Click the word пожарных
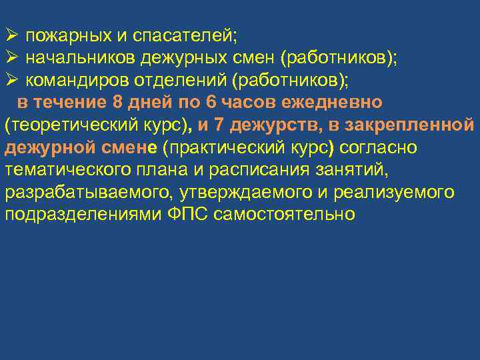tap(59, 35)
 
